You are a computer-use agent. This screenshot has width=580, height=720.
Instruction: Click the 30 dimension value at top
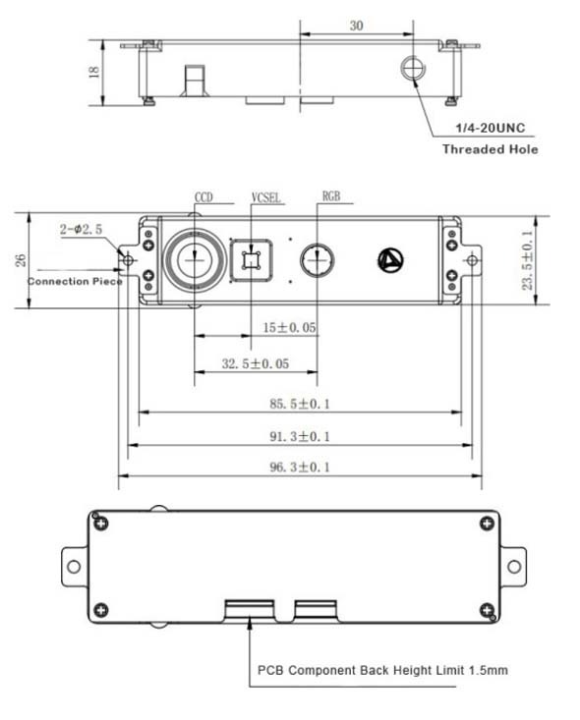coord(356,26)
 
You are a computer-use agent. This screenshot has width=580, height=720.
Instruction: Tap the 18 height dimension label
coord(93,72)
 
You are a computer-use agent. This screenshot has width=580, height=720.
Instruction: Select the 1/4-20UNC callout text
coord(490,128)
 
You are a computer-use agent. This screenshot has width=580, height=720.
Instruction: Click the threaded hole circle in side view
coord(413,68)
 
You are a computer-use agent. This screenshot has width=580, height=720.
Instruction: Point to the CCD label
coord(203,197)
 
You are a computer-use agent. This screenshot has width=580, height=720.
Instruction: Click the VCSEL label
coord(265,197)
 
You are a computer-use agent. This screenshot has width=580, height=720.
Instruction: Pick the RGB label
coord(331,196)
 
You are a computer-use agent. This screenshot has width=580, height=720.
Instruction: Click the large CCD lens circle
coord(195,260)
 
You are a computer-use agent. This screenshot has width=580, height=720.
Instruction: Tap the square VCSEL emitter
coord(251,260)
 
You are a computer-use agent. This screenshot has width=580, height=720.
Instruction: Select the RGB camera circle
coord(317,260)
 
